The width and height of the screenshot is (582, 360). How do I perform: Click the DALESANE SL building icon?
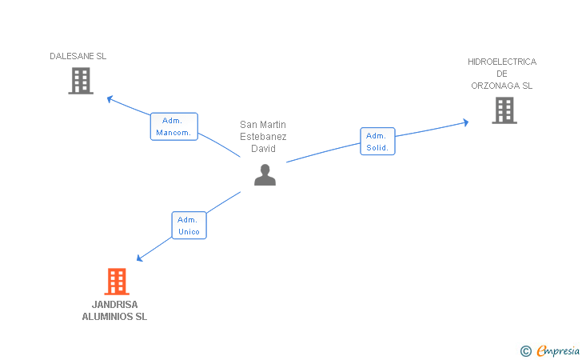(x=81, y=81)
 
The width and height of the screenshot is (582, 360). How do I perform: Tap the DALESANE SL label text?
(x=78, y=57)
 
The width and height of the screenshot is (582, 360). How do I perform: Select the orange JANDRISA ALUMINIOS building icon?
(x=117, y=282)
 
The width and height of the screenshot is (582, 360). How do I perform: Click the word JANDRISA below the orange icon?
(x=114, y=305)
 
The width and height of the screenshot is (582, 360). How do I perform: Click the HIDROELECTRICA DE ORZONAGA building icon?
(x=504, y=110)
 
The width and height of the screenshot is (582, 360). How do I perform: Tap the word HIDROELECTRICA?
(x=502, y=62)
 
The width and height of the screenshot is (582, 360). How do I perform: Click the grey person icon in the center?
(x=265, y=174)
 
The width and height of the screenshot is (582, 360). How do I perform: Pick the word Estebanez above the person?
(x=263, y=137)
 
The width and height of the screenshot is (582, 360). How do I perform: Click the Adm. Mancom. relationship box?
(x=173, y=126)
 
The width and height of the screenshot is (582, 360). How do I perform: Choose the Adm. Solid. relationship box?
(x=377, y=142)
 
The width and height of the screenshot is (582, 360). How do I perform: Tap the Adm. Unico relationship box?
(x=189, y=226)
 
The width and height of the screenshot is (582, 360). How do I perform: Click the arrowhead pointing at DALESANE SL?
(x=110, y=99)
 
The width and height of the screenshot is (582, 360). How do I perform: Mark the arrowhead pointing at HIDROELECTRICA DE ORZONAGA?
(x=464, y=122)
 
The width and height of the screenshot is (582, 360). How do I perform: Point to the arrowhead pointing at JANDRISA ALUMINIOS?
(x=140, y=258)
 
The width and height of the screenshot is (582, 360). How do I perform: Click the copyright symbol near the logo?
(x=525, y=350)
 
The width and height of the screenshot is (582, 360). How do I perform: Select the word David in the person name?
(x=263, y=149)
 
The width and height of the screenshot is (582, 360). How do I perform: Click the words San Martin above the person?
(x=263, y=125)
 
